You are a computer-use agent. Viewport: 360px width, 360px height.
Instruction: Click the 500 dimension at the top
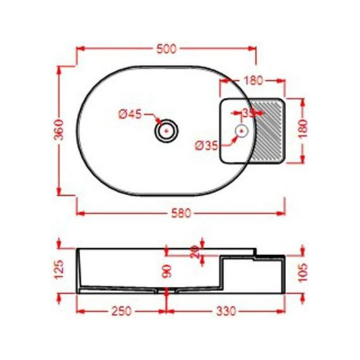(x=166, y=48)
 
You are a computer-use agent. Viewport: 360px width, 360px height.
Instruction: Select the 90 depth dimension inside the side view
(x=167, y=272)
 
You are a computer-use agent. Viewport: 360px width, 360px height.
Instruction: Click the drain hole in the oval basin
(x=166, y=131)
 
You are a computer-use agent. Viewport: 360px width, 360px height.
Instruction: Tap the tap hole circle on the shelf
(x=241, y=131)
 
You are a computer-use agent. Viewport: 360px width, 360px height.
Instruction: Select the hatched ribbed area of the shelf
(x=268, y=130)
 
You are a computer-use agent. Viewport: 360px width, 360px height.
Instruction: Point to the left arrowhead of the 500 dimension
(x=80, y=48)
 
